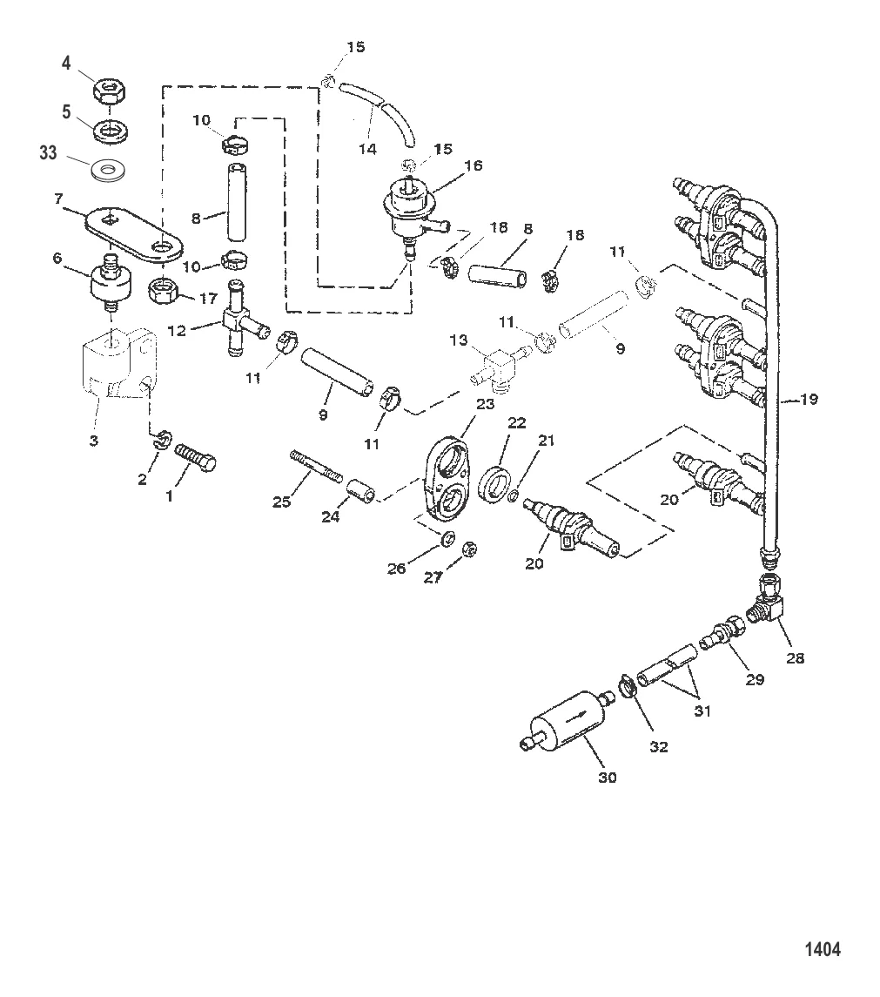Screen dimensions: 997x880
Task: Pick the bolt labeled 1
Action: [196, 458]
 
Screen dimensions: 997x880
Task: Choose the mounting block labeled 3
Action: [120, 373]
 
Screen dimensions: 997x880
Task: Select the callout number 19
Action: [809, 400]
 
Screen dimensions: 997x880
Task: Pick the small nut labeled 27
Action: [467, 549]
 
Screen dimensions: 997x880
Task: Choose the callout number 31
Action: [702, 711]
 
